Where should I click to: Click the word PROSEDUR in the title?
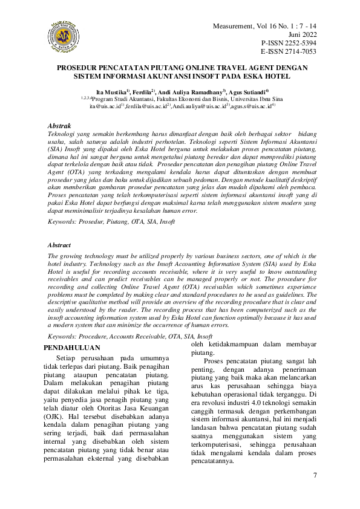(80, 68)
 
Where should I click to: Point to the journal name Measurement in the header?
(237, 27)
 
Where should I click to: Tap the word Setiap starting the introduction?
(74, 358)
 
